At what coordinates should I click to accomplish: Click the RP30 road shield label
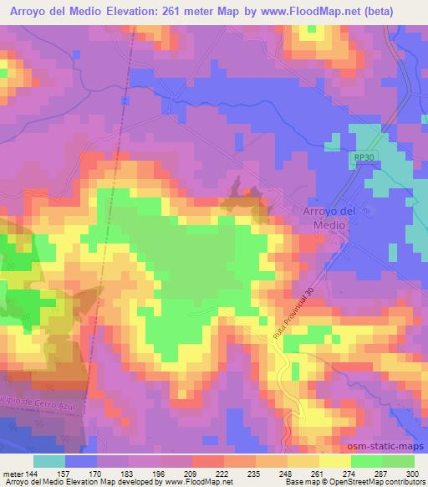(361, 157)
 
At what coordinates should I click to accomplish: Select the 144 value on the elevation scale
(33, 474)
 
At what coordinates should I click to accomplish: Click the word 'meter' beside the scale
(13, 474)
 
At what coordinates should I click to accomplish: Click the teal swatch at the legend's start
(48, 461)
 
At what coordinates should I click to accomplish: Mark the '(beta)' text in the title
(397, 9)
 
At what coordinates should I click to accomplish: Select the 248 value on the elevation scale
(285, 474)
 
